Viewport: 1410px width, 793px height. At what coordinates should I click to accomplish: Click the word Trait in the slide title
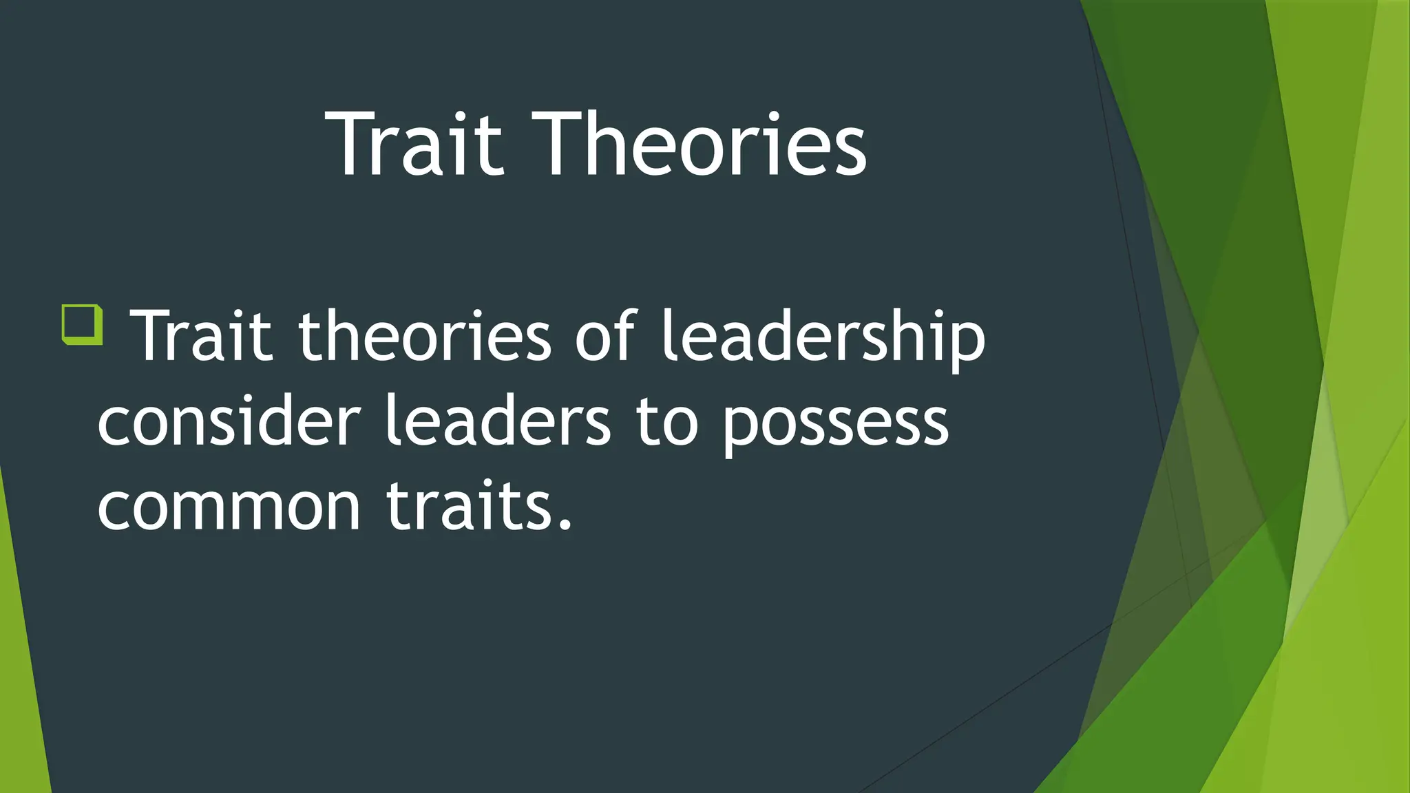click(x=415, y=145)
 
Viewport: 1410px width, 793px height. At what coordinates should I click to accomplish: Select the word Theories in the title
click(x=699, y=145)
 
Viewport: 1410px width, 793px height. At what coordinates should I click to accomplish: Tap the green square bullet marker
click(x=83, y=324)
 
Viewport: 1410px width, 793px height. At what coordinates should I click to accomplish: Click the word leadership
click(x=823, y=337)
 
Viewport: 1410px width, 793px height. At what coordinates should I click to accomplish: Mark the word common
click(x=229, y=506)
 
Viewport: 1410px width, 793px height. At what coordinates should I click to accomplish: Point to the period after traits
click(x=565, y=527)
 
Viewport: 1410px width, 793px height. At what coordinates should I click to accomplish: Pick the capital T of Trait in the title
click(x=349, y=145)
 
